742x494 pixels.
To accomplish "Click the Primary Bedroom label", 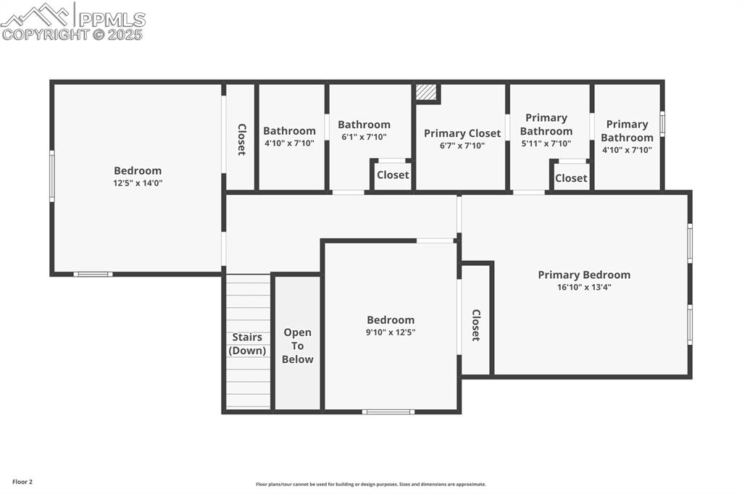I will (x=583, y=275).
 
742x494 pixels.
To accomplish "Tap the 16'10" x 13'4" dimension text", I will (x=583, y=288).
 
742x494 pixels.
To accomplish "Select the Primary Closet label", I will (x=462, y=133).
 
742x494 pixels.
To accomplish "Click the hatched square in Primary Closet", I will (x=426, y=93).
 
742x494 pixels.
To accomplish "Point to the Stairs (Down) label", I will (x=247, y=344).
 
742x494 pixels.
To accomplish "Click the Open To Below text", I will (x=297, y=346).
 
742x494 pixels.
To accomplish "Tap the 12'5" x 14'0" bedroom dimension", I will (x=138, y=183).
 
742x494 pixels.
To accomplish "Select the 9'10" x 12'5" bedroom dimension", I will (x=391, y=332).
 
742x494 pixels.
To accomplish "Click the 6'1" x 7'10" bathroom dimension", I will (x=364, y=137).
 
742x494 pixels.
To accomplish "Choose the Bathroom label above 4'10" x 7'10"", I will (x=289, y=131).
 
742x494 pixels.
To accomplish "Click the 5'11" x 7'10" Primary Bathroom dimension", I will (x=546, y=143).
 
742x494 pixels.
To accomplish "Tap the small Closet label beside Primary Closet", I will (x=393, y=175).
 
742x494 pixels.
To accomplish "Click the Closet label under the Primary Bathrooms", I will (x=571, y=178).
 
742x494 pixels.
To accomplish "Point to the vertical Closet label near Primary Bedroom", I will (x=476, y=325).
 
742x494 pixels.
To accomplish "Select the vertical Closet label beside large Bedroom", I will (x=241, y=139).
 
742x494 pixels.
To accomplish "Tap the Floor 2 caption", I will (x=22, y=482).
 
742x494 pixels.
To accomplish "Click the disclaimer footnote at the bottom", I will (x=370, y=485).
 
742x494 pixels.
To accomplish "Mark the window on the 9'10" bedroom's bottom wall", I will (x=388, y=411).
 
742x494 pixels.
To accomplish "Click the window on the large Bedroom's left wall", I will (x=51, y=175).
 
